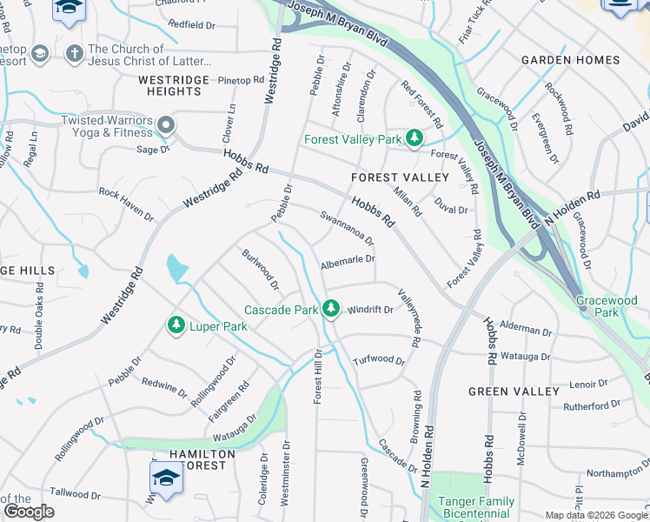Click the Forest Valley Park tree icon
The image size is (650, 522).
415,138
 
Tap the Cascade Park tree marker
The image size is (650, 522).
330,309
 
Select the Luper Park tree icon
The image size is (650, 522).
176,325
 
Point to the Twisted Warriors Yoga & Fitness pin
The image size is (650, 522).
164,127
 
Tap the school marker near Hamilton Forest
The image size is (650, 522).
166,477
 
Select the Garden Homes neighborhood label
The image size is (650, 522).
570,60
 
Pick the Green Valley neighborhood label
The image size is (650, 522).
514,391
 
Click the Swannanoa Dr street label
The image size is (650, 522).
346,227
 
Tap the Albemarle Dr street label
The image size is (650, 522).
348,259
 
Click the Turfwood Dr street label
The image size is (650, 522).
379,360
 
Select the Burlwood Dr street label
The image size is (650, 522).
261,270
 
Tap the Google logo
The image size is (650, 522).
29,511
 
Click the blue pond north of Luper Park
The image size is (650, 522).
176,268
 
